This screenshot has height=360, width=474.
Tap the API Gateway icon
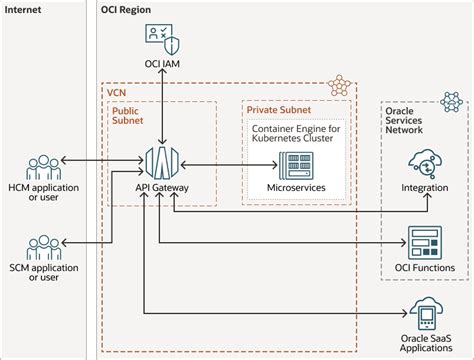pyautogui.click(x=160, y=160)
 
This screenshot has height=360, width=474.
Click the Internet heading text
pyautogui.click(x=27, y=8)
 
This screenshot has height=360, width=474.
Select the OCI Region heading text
pyautogui.click(x=133, y=8)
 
